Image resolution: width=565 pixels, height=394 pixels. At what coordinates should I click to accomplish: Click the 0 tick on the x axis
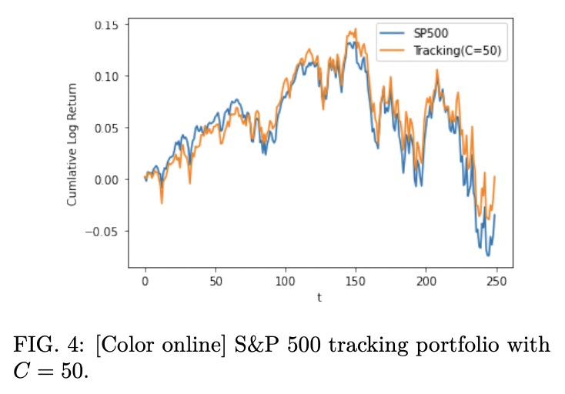(x=145, y=282)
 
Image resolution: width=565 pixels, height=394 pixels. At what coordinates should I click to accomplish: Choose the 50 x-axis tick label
(x=215, y=282)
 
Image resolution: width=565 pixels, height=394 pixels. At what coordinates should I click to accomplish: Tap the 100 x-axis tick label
(x=286, y=282)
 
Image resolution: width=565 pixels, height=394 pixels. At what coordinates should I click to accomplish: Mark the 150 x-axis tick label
(x=356, y=282)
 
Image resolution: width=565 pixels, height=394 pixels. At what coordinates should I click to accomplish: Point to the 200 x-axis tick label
(x=426, y=282)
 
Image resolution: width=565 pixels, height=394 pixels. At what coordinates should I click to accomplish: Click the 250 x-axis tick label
(x=496, y=282)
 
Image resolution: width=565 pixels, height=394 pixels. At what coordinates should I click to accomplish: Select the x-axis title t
(x=319, y=297)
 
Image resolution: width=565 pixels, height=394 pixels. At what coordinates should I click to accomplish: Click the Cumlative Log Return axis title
(x=72, y=145)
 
